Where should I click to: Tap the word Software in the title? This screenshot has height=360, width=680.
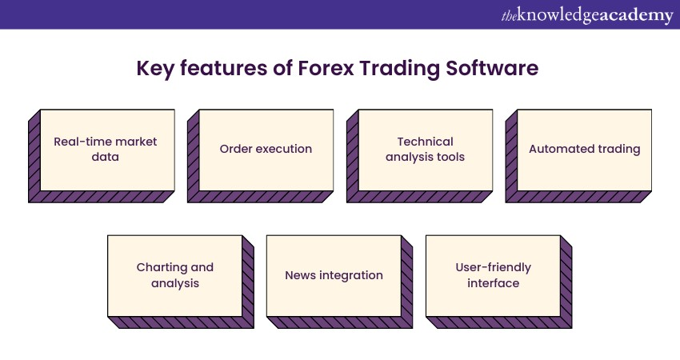pos(492,69)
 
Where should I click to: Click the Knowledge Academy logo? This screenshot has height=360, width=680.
pos(587,15)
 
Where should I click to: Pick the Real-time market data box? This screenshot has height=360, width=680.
pos(102,156)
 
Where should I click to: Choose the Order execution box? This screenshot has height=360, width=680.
pos(261,156)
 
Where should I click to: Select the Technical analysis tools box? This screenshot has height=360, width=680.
pos(420,156)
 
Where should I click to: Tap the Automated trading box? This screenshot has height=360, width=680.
pos(578,156)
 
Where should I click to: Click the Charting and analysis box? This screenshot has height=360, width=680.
pos(181,282)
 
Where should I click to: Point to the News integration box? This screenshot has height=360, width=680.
pos(340,282)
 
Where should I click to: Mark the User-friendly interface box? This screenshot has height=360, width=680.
pos(499,282)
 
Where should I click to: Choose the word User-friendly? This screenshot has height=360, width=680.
pos(494,268)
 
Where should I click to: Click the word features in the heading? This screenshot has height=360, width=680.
pos(224,69)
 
